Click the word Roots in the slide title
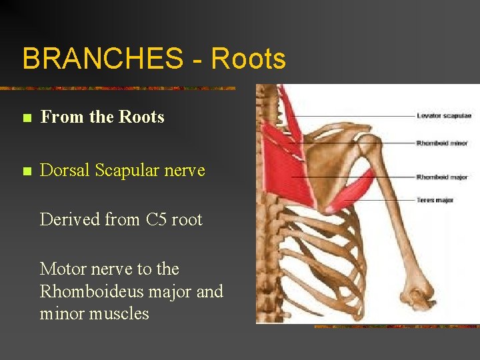click(248, 59)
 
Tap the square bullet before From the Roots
click(26, 119)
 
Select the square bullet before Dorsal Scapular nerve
click(26, 172)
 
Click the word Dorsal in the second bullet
click(65, 170)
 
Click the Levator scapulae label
click(444, 116)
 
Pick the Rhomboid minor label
click(442, 143)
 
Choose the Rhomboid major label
click(442, 177)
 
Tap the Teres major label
click(435, 200)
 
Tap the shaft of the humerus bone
click(393, 220)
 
